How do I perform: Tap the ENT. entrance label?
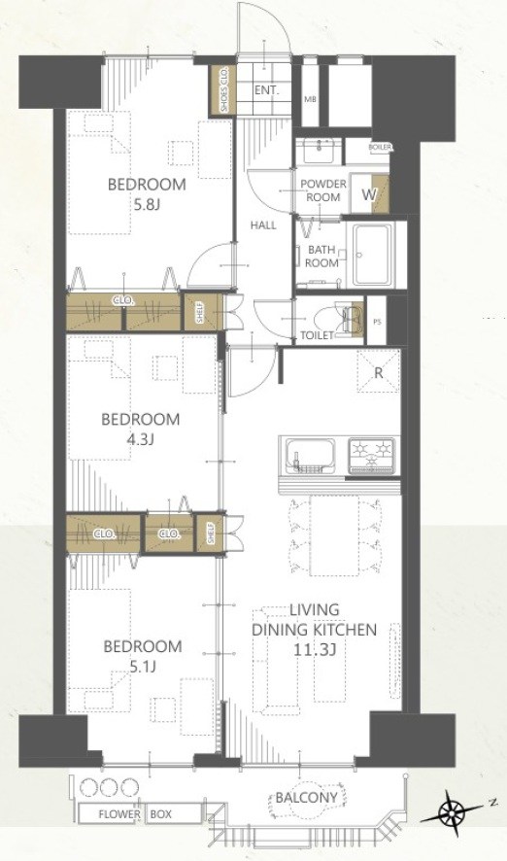(x=267, y=91)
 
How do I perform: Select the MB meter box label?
(x=310, y=99)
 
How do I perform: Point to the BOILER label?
(x=379, y=147)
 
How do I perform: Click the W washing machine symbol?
(x=369, y=193)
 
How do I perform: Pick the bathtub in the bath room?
(x=373, y=255)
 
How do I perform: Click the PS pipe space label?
(x=377, y=323)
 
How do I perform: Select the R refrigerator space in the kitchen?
(x=378, y=372)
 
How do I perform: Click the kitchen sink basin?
(x=307, y=455)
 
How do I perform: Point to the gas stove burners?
(x=372, y=455)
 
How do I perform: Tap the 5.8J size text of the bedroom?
(x=147, y=205)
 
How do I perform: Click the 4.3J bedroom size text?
(x=140, y=440)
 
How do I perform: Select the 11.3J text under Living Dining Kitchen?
(x=314, y=649)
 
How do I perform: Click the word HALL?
(x=263, y=225)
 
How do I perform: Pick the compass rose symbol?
(x=455, y=809)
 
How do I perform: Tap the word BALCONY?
(x=306, y=797)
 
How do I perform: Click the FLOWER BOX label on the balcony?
(x=136, y=813)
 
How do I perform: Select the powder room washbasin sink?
(x=320, y=151)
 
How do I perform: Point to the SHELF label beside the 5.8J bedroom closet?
(x=201, y=313)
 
